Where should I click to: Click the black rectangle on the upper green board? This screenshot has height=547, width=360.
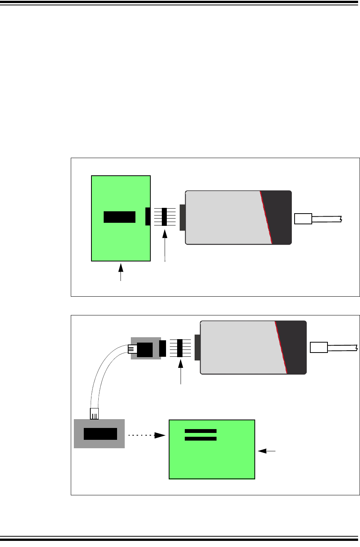(x=119, y=217)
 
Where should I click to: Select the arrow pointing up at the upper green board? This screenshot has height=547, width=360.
(x=121, y=272)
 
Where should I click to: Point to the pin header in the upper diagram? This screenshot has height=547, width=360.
(x=165, y=217)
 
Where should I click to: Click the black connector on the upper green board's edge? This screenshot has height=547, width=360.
(x=148, y=217)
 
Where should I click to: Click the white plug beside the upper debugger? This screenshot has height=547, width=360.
(x=303, y=219)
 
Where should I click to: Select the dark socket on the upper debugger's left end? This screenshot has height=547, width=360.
(x=182, y=217)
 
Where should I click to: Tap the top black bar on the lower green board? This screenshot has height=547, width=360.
(x=200, y=431)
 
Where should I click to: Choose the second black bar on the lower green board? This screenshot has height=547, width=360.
(x=200, y=438)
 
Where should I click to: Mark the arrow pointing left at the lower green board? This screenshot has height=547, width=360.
(x=267, y=451)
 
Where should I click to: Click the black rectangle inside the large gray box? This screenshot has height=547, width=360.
(x=100, y=434)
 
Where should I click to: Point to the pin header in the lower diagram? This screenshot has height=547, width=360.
(x=180, y=348)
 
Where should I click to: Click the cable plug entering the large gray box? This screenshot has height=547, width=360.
(x=94, y=413)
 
